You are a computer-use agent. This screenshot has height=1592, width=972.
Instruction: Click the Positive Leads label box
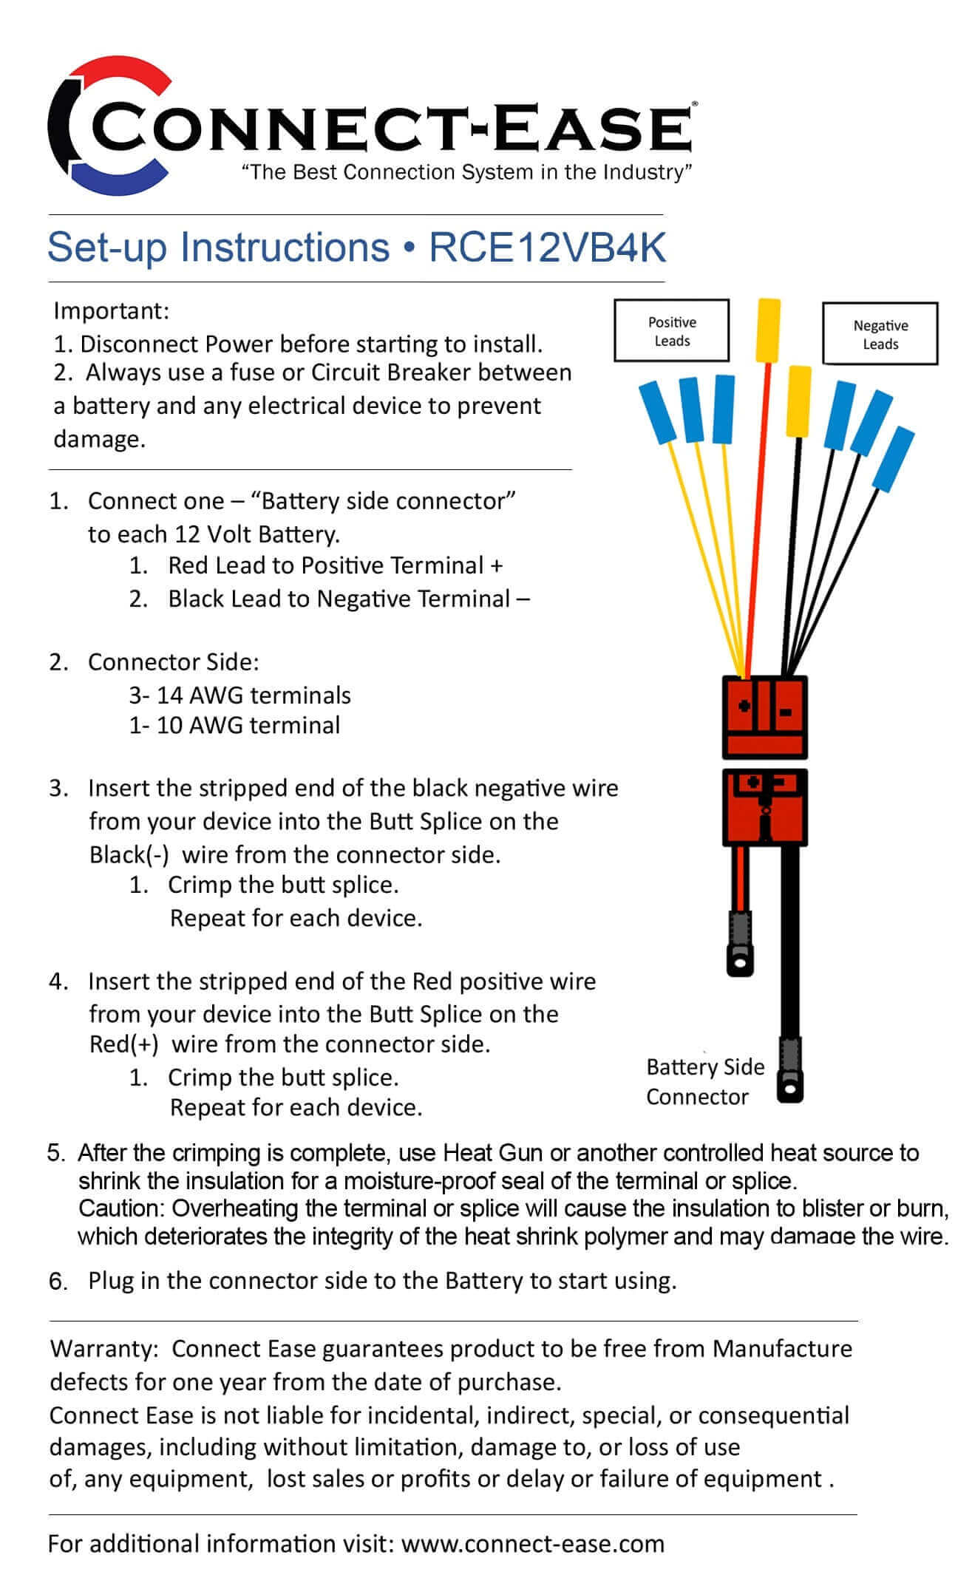coord(671,331)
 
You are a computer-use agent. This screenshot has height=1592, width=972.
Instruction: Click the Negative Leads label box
coord(880,334)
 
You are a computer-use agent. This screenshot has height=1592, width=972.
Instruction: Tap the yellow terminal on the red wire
coord(768,329)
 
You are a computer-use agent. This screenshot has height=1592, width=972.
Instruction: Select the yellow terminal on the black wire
coord(799,401)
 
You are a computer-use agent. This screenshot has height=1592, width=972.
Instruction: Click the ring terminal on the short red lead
coord(738,959)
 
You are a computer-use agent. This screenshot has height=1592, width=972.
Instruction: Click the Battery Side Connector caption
coord(704,1081)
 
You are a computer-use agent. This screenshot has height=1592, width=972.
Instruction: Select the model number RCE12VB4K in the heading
coord(548,248)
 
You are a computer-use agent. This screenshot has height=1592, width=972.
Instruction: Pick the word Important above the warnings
coord(111,310)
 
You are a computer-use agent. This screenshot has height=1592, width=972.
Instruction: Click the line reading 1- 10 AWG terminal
coord(234,725)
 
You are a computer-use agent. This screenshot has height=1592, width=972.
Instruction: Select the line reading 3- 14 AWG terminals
coord(239,695)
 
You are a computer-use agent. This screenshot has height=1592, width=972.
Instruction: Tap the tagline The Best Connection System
coord(467,172)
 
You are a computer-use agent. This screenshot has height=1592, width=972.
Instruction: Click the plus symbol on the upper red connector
coord(744,705)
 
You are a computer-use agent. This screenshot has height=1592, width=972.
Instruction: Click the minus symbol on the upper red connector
coord(786,712)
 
